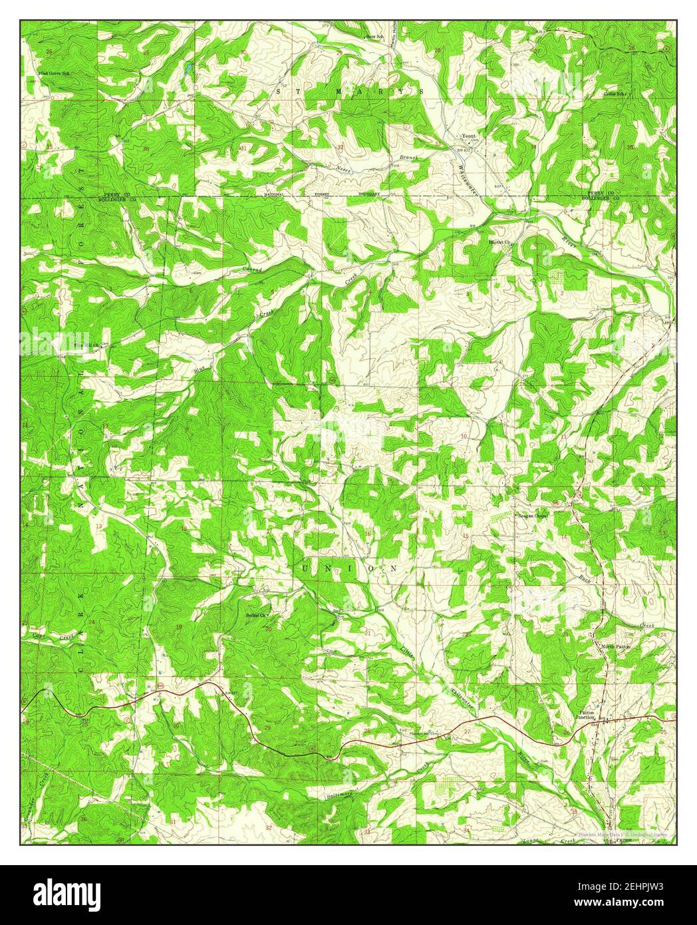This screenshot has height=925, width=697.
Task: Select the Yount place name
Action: tap(468, 136)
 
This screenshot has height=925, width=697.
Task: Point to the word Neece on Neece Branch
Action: tap(344, 169)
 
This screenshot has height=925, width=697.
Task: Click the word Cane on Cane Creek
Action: tap(40, 637)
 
